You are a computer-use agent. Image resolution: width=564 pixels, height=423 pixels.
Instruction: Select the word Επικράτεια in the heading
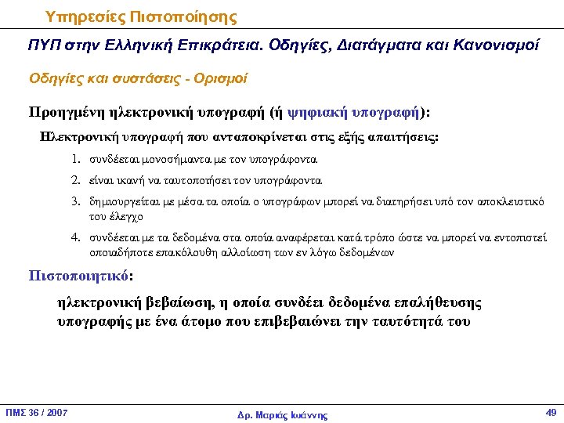pyautogui.click(x=223, y=46)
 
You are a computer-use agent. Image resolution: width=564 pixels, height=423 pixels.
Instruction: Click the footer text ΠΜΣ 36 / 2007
pyautogui.click(x=37, y=412)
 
